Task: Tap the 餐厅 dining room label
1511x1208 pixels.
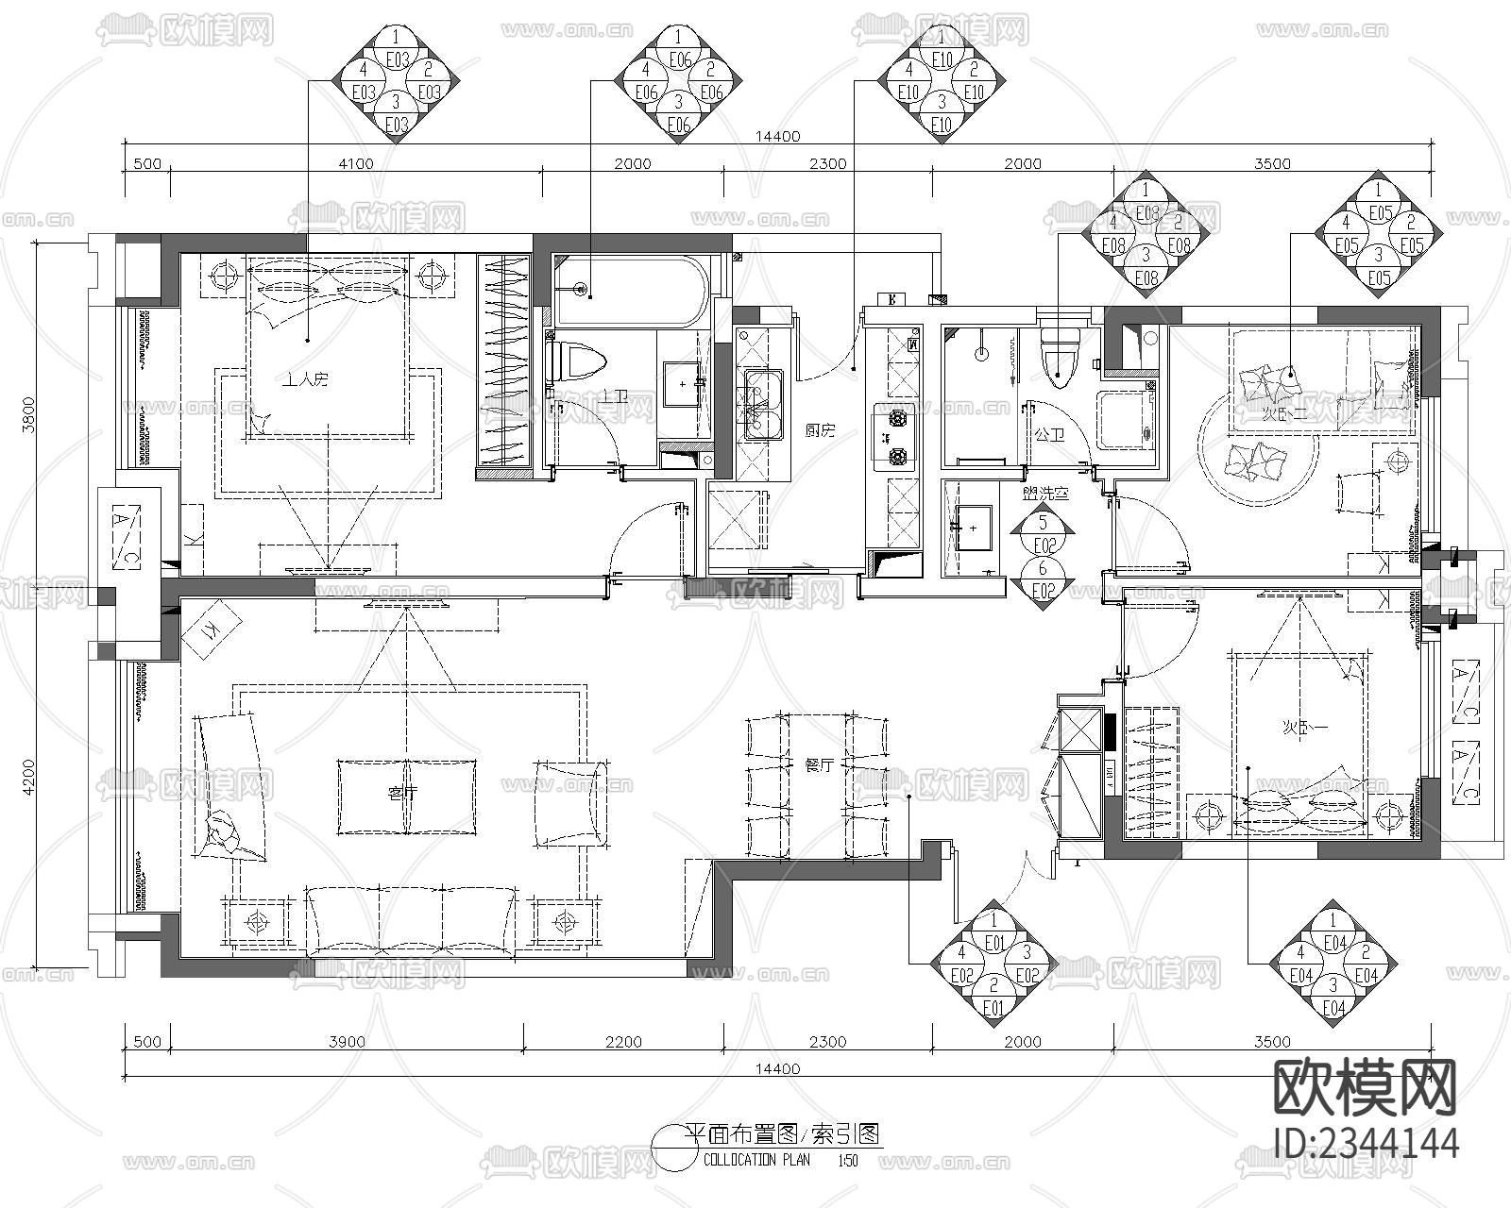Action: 818,765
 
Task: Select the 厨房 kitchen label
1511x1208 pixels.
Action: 820,431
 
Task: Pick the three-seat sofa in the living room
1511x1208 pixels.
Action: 410,920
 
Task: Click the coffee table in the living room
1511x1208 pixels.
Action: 407,797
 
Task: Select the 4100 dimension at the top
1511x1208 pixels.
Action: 355,163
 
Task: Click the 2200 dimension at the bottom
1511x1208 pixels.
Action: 623,1042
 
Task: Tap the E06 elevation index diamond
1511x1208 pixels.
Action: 678,80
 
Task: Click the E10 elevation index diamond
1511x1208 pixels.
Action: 941,80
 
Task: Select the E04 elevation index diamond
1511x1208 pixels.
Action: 1333,964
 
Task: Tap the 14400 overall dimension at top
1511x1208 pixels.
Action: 777,136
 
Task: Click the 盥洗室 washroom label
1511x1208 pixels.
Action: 1044,493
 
